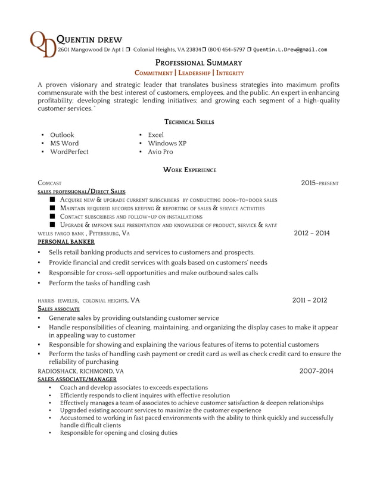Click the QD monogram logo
coord(43,44)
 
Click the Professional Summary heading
coord(198,62)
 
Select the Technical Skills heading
coord(189,122)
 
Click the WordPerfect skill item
coord(69,152)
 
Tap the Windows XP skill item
coord(167,144)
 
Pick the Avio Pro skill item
coord(160,152)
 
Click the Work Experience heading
coord(189,170)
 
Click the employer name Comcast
coord(49,183)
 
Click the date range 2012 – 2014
coord(312,233)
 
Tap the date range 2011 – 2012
coord(309,300)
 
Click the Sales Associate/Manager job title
coord(77,379)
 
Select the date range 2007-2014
coord(316,370)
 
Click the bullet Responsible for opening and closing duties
coord(119,433)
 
